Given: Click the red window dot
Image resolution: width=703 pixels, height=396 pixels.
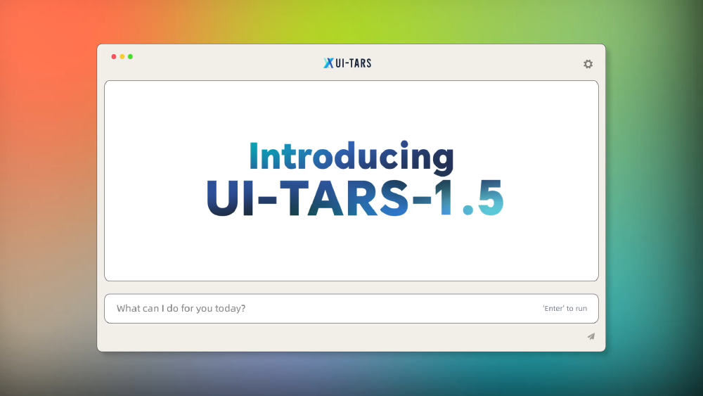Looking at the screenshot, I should click(114, 56).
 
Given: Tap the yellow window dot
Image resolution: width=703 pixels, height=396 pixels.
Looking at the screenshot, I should click(122, 56).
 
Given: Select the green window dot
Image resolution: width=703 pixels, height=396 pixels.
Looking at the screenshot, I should click(130, 56).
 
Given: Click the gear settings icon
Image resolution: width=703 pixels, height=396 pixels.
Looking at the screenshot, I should click(588, 64).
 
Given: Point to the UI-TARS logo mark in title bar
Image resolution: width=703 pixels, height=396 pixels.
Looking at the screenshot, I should click(328, 63).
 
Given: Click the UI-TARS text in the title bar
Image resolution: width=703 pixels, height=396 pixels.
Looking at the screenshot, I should click(354, 63).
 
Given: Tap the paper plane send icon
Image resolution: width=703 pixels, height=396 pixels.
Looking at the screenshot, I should click(591, 337).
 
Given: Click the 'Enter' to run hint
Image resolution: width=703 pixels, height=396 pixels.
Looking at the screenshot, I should click(565, 309).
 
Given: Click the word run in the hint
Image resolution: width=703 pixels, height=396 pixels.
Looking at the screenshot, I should click(581, 309).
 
